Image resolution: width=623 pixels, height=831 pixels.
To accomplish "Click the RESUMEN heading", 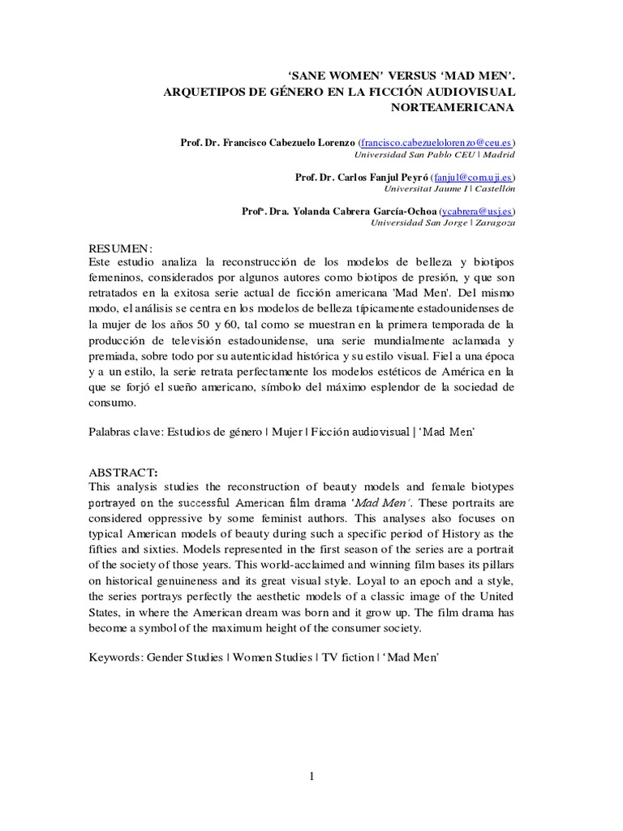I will coord(120,248).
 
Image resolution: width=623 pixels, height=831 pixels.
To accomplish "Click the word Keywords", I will coord(116,658).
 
